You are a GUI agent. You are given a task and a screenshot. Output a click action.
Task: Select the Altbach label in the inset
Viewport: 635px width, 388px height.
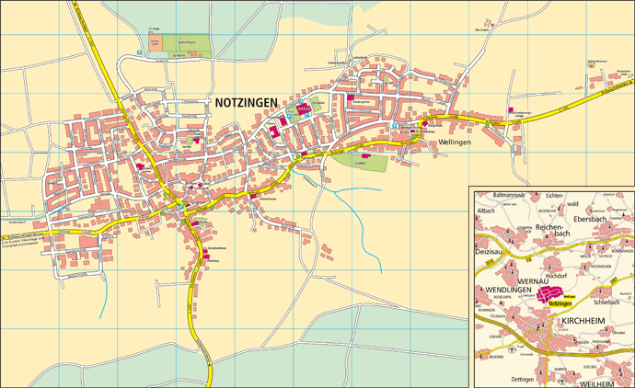click(487, 211)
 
